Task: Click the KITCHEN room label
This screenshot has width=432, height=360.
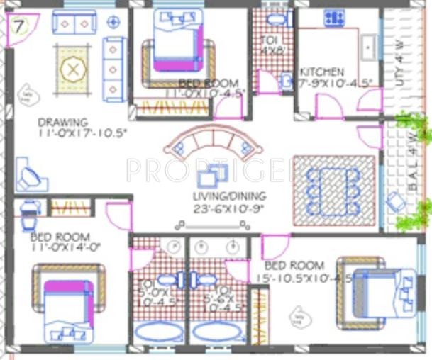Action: (x=322, y=72)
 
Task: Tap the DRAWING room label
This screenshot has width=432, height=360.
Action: (x=63, y=121)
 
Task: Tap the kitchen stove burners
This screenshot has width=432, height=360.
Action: (x=334, y=18)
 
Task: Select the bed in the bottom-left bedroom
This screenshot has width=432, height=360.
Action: (x=68, y=302)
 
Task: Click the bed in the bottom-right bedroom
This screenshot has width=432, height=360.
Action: (x=375, y=290)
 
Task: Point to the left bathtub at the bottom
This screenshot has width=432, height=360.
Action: (x=157, y=332)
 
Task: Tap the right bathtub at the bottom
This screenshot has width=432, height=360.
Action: (x=216, y=332)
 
